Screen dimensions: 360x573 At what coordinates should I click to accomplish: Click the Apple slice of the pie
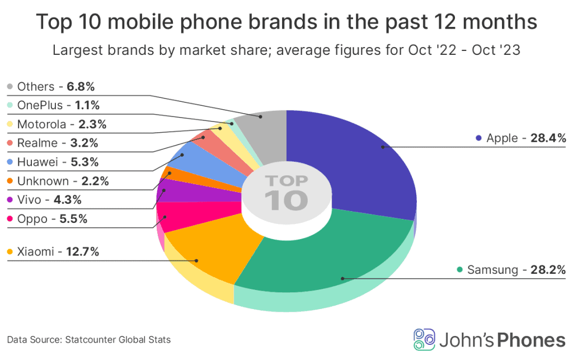tap(358, 162)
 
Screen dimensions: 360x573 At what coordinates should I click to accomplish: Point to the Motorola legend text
tap(43, 124)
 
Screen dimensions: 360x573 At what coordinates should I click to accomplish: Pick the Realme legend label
tap(36, 143)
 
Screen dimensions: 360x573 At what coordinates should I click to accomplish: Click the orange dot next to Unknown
tap(10, 181)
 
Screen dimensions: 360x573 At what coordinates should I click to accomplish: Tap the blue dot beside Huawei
tap(10, 162)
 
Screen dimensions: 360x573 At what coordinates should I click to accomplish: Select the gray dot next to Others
tap(10, 87)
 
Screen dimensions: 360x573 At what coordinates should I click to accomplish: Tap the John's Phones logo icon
tap(424, 339)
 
